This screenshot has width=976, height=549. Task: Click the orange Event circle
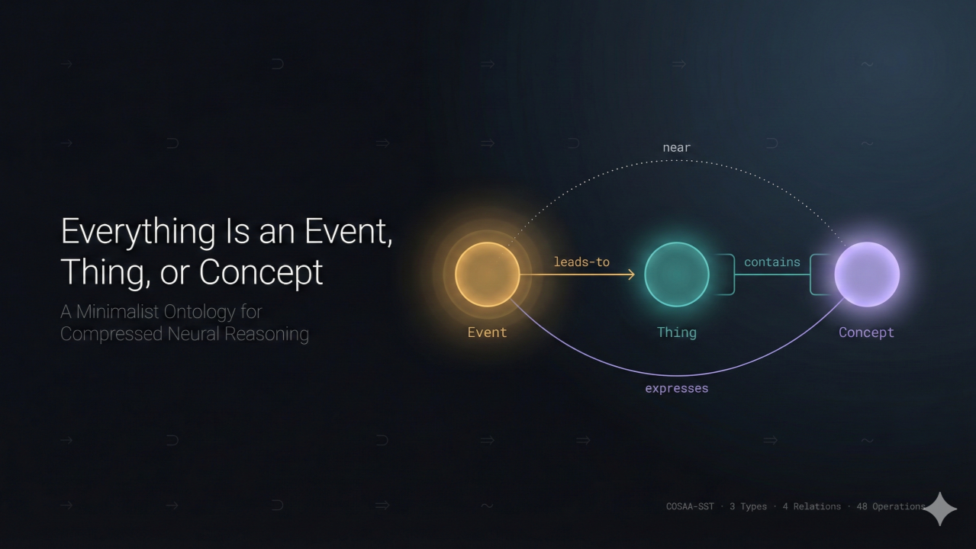(x=487, y=274)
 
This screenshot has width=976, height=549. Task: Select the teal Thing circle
(x=677, y=274)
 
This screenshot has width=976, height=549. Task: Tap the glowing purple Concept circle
(x=867, y=274)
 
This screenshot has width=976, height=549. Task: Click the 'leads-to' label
(x=581, y=262)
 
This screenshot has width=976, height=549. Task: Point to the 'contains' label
(x=772, y=262)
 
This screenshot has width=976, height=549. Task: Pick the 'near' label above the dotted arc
(x=677, y=148)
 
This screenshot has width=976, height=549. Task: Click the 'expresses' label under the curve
(x=677, y=389)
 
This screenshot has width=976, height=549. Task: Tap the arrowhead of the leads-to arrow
(x=631, y=274)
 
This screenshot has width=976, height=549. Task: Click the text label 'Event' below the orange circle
(x=487, y=332)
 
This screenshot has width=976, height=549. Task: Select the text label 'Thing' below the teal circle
(x=677, y=332)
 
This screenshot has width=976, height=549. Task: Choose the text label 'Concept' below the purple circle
(x=866, y=332)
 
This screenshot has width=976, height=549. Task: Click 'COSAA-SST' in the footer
(x=690, y=506)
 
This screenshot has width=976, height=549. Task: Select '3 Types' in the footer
(x=748, y=506)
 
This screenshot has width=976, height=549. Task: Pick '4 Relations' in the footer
(x=811, y=506)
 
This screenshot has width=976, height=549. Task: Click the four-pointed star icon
(x=940, y=509)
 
